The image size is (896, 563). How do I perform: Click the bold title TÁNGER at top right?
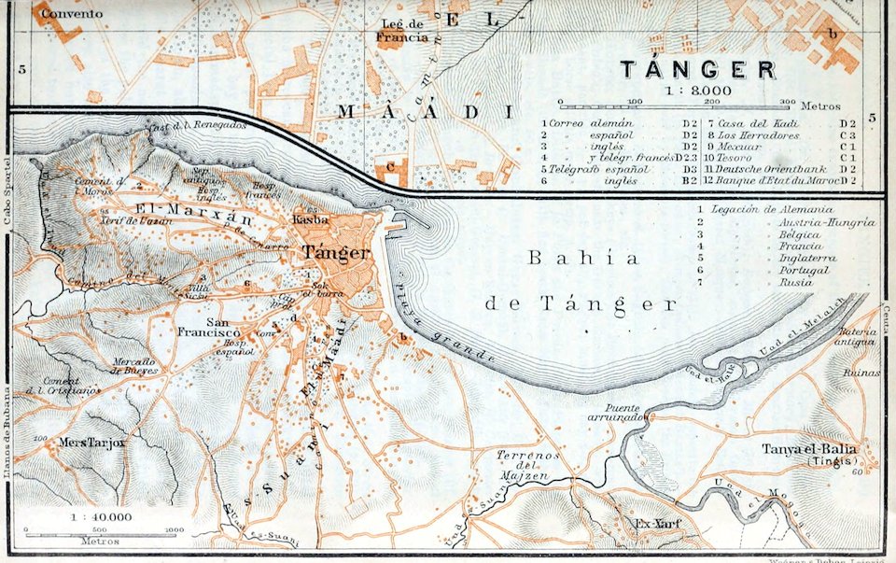point(698,70)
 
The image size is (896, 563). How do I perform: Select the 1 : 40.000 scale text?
point(101,515)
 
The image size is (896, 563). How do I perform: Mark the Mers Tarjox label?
point(91,443)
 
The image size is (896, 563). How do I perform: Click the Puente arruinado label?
point(613,412)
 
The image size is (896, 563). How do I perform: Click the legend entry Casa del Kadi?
point(758,123)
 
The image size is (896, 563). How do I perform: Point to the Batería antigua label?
point(856,336)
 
